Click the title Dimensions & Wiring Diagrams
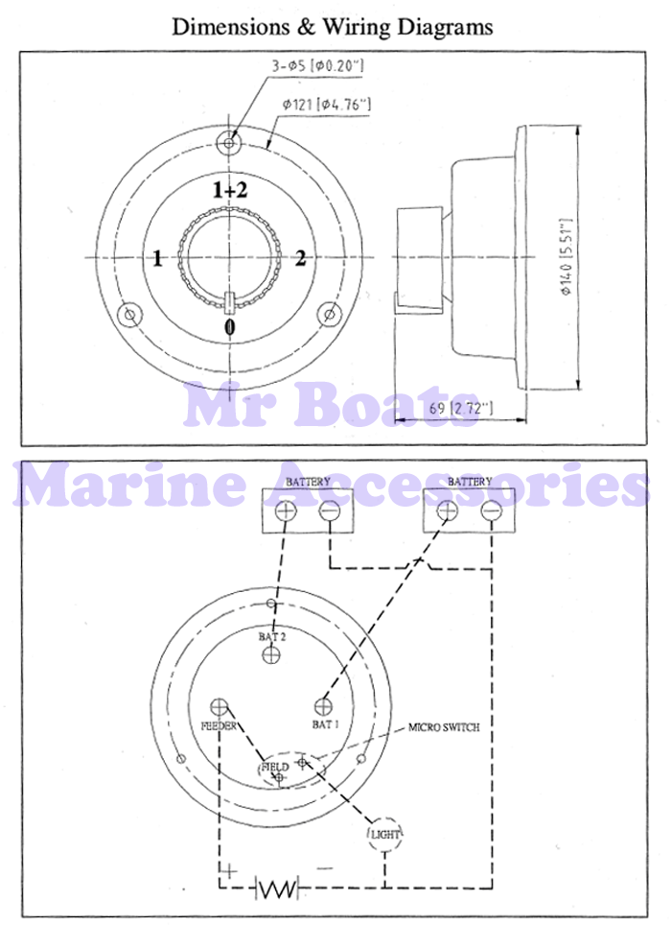click(x=333, y=27)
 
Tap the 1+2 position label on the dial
click(x=230, y=190)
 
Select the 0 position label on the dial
click(x=230, y=327)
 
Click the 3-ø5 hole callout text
click(x=317, y=65)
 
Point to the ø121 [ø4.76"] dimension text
click(x=326, y=105)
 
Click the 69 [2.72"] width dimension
click(x=460, y=408)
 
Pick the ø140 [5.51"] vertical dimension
click(x=565, y=258)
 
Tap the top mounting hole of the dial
click(x=228, y=142)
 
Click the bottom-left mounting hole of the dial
click(x=130, y=315)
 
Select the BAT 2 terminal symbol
click(x=271, y=653)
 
